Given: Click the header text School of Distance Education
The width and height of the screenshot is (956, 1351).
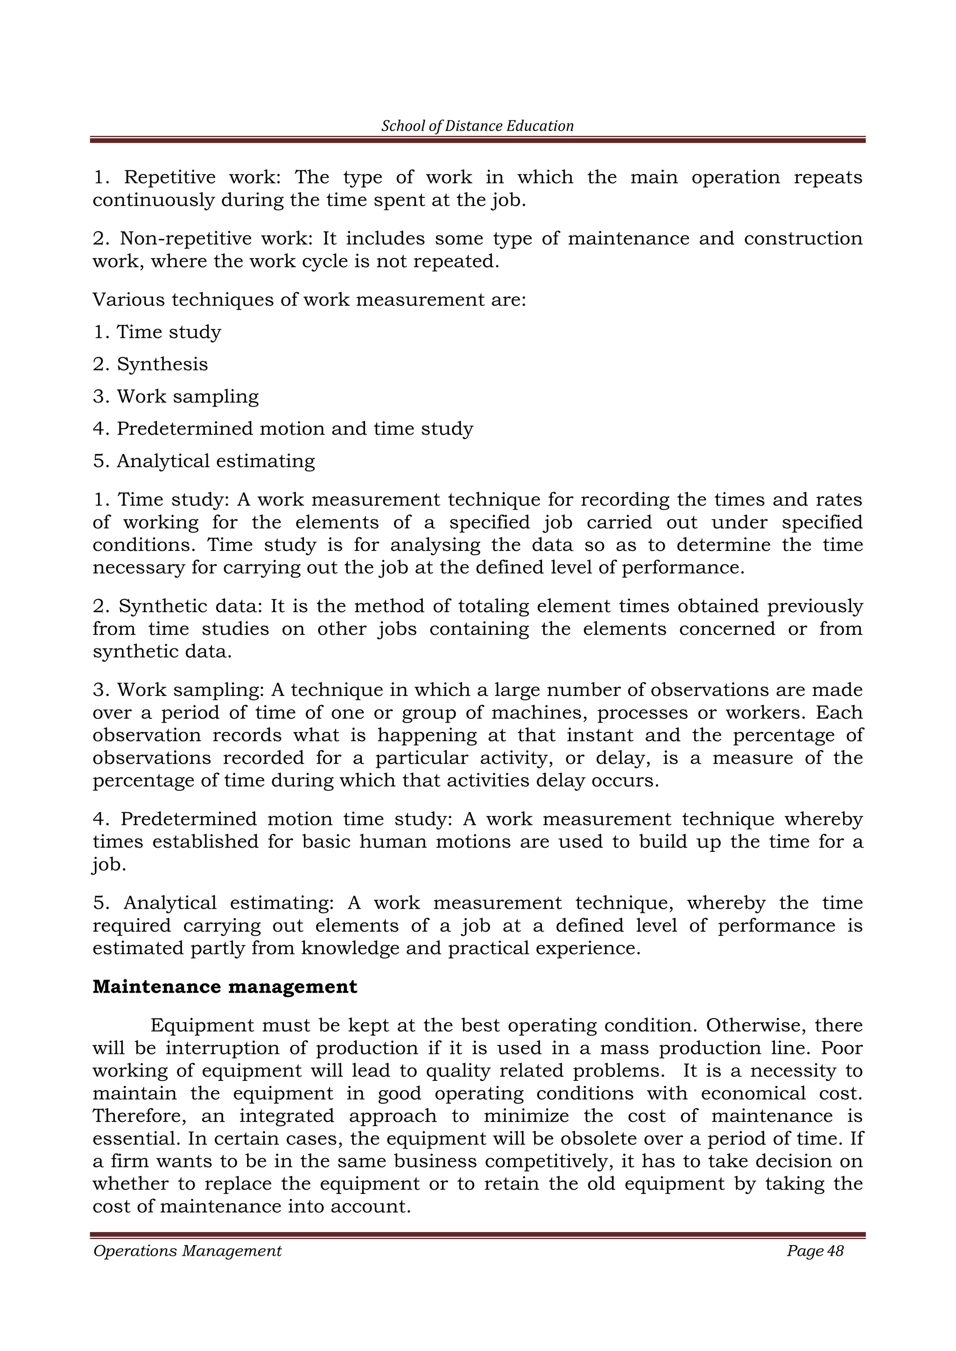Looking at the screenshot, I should coord(478,126).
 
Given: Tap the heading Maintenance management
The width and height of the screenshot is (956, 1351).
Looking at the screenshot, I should coord(225,987).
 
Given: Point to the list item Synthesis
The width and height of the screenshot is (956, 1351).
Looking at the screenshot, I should coord(162,364).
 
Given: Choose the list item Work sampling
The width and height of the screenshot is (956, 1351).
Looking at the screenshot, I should coord(187,397).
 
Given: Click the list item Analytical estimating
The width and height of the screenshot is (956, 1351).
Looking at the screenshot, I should coord(216,461).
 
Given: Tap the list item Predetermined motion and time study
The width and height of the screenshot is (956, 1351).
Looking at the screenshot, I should coord(295,429).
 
